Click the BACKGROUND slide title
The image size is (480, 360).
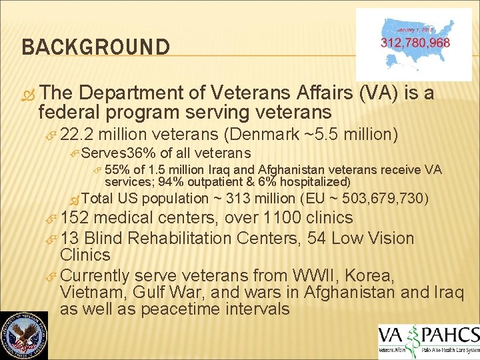95,47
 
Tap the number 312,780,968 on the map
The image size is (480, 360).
415,43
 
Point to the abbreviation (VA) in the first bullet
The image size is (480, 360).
379,92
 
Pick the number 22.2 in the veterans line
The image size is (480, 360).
76,135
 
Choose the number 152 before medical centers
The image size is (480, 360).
75,218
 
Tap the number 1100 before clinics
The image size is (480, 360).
281,218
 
